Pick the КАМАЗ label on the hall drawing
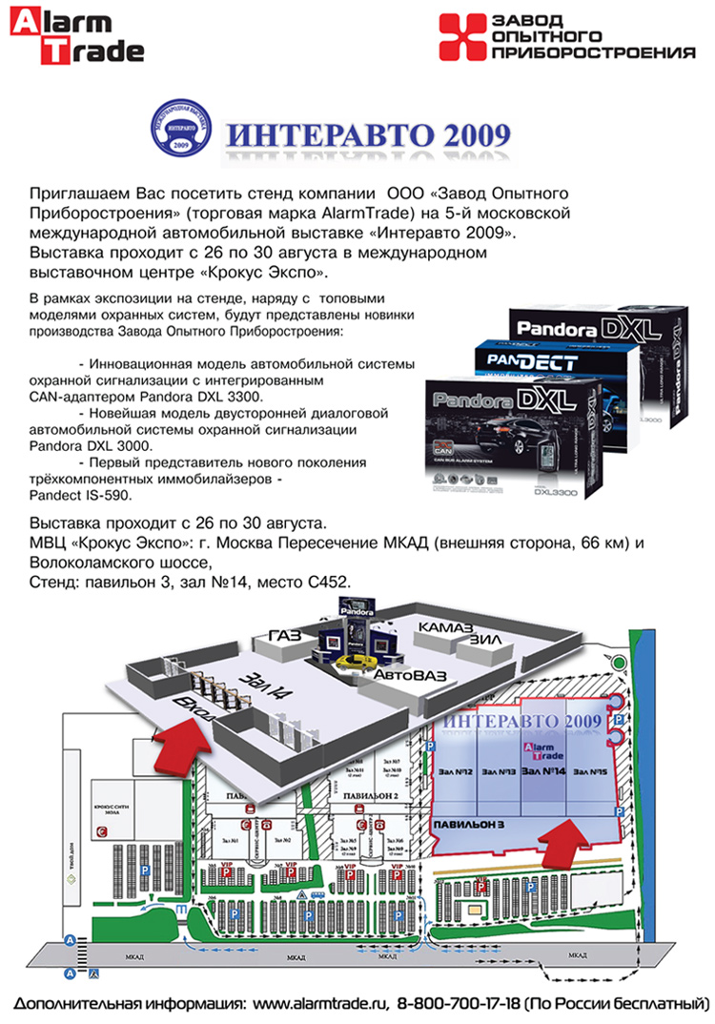445,629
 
